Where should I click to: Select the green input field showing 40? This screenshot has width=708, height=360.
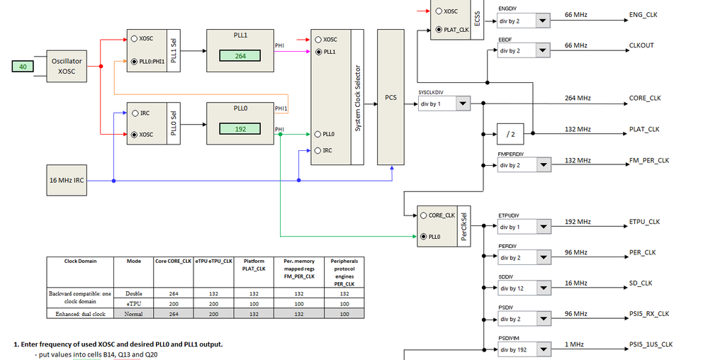coord(22,67)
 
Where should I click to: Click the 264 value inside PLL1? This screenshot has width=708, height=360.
coord(240,56)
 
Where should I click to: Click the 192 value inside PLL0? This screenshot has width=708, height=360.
coord(240,129)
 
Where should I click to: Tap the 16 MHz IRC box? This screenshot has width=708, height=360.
coord(68,180)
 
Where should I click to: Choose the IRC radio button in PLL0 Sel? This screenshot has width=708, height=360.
coord(135,112)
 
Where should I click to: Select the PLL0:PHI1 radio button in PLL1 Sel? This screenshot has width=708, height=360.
coord(135,62)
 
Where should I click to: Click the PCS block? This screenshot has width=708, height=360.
coord(390,97)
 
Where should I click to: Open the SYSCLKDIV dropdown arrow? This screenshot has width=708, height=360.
coord(462,104)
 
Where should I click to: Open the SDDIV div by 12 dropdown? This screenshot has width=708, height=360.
coord(543,288)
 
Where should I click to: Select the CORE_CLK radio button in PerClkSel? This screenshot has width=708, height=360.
coord(423,215)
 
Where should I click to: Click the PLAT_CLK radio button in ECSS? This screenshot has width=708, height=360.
coord(439,29)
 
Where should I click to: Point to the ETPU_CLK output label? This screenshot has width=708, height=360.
coord(644,222)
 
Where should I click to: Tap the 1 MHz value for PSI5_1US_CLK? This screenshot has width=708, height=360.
coord(575,344)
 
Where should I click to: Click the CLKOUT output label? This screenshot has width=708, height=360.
coord(641,45)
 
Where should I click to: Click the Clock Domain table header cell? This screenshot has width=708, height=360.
coord(80,261)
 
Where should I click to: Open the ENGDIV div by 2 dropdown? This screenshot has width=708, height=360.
coord(543,21)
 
